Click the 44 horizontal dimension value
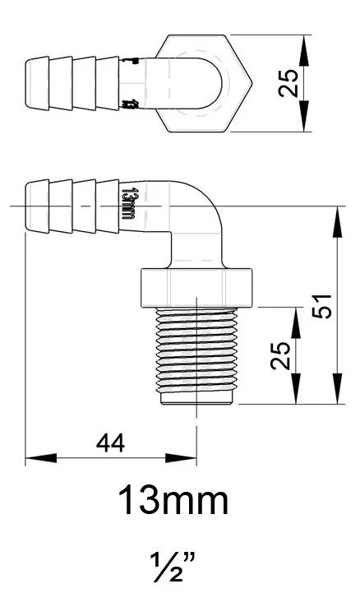click(x=109, y=443)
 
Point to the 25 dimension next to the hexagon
click(x=288, y=82)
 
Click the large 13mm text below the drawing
click(x=173, y=499)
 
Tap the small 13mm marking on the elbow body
click(x=127, y=203)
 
